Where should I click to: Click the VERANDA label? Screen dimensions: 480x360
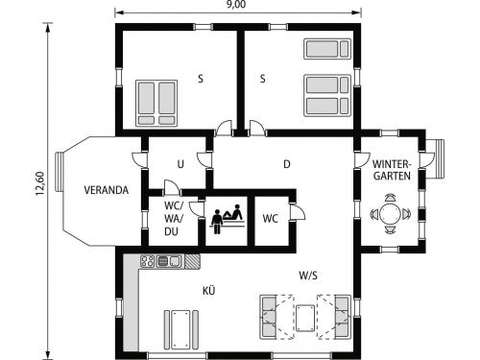[107, 190]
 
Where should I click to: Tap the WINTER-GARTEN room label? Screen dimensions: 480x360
[392, 170]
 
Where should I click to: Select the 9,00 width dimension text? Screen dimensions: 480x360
[236, 5]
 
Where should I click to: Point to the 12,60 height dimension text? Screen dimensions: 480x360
[40, 183]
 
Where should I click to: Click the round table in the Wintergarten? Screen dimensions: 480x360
[390, 213]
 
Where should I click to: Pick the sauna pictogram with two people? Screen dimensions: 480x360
[228, 219]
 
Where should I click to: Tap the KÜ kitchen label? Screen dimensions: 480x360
[208, 291]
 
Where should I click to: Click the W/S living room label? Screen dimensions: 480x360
[308, 276]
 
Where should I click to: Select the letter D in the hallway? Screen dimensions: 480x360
[287, 164]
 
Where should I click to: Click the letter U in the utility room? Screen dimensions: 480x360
[180, 164]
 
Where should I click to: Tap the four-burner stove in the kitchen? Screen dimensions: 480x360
[148, 261]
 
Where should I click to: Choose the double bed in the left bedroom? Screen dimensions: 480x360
[156, 103]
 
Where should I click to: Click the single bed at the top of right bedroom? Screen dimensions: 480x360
[326, 49]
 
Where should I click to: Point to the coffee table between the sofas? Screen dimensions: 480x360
[305, 318]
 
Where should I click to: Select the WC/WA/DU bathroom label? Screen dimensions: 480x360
[174, 218]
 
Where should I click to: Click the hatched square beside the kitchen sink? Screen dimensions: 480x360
[193, 261]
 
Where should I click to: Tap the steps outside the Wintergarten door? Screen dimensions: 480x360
[436, 159]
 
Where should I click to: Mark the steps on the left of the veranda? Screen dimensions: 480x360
[60, 172]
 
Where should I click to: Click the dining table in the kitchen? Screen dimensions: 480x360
[181, 329]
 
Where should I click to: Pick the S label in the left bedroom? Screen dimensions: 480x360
[201, 79]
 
